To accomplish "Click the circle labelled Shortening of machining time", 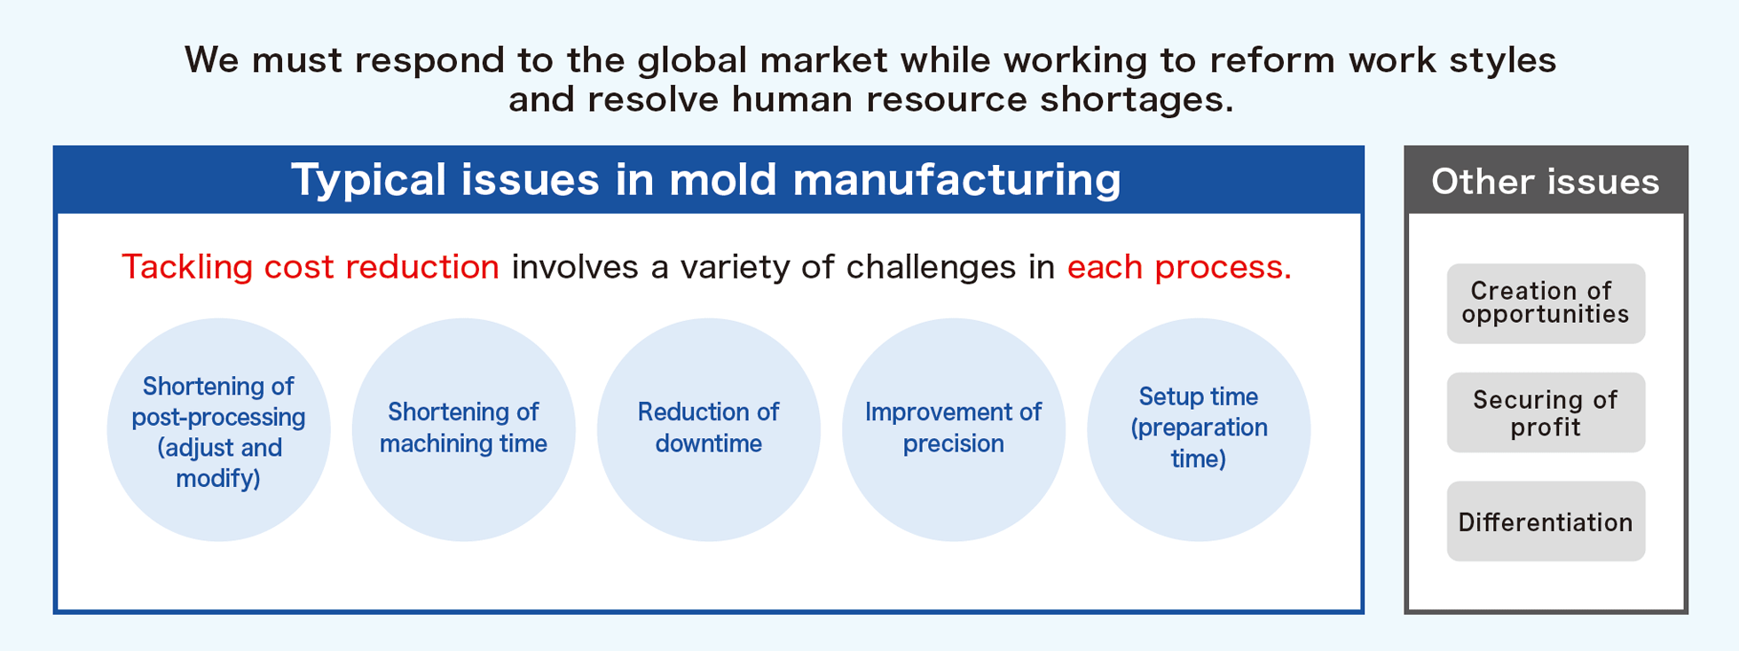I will click(463, 429).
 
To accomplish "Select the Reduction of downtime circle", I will click(708, 429).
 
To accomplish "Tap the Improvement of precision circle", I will click(953, 429).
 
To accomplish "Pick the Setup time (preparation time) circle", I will click(1198, 429).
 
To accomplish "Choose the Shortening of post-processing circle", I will click(218, 429).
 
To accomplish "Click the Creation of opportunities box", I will click(1546, 303).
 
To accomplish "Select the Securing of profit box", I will click(1546, 412).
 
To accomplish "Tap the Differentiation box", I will click(1546, 522).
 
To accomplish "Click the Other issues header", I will click(1546, 181).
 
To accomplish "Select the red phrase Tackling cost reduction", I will click(311, 267).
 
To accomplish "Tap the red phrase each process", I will click(1178, 267).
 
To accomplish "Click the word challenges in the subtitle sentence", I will click(931, 267).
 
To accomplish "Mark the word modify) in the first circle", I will click(218, 479).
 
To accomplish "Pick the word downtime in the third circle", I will click(708, 443).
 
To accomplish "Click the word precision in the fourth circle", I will click(953, 443).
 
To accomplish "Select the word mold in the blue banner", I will click(723, 180).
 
